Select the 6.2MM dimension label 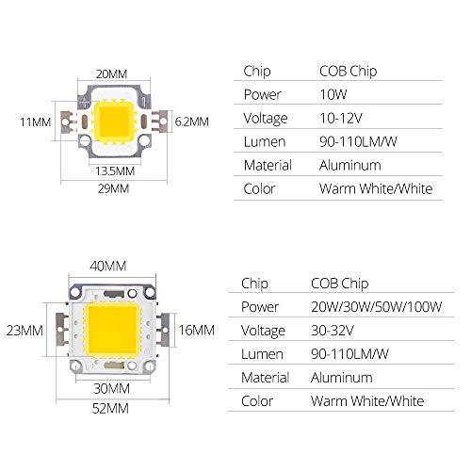[x=193, y=122]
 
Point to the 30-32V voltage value [x=332, y=330]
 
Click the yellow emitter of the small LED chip [x=117, y=122]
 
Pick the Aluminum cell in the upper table [x=351, y=165]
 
